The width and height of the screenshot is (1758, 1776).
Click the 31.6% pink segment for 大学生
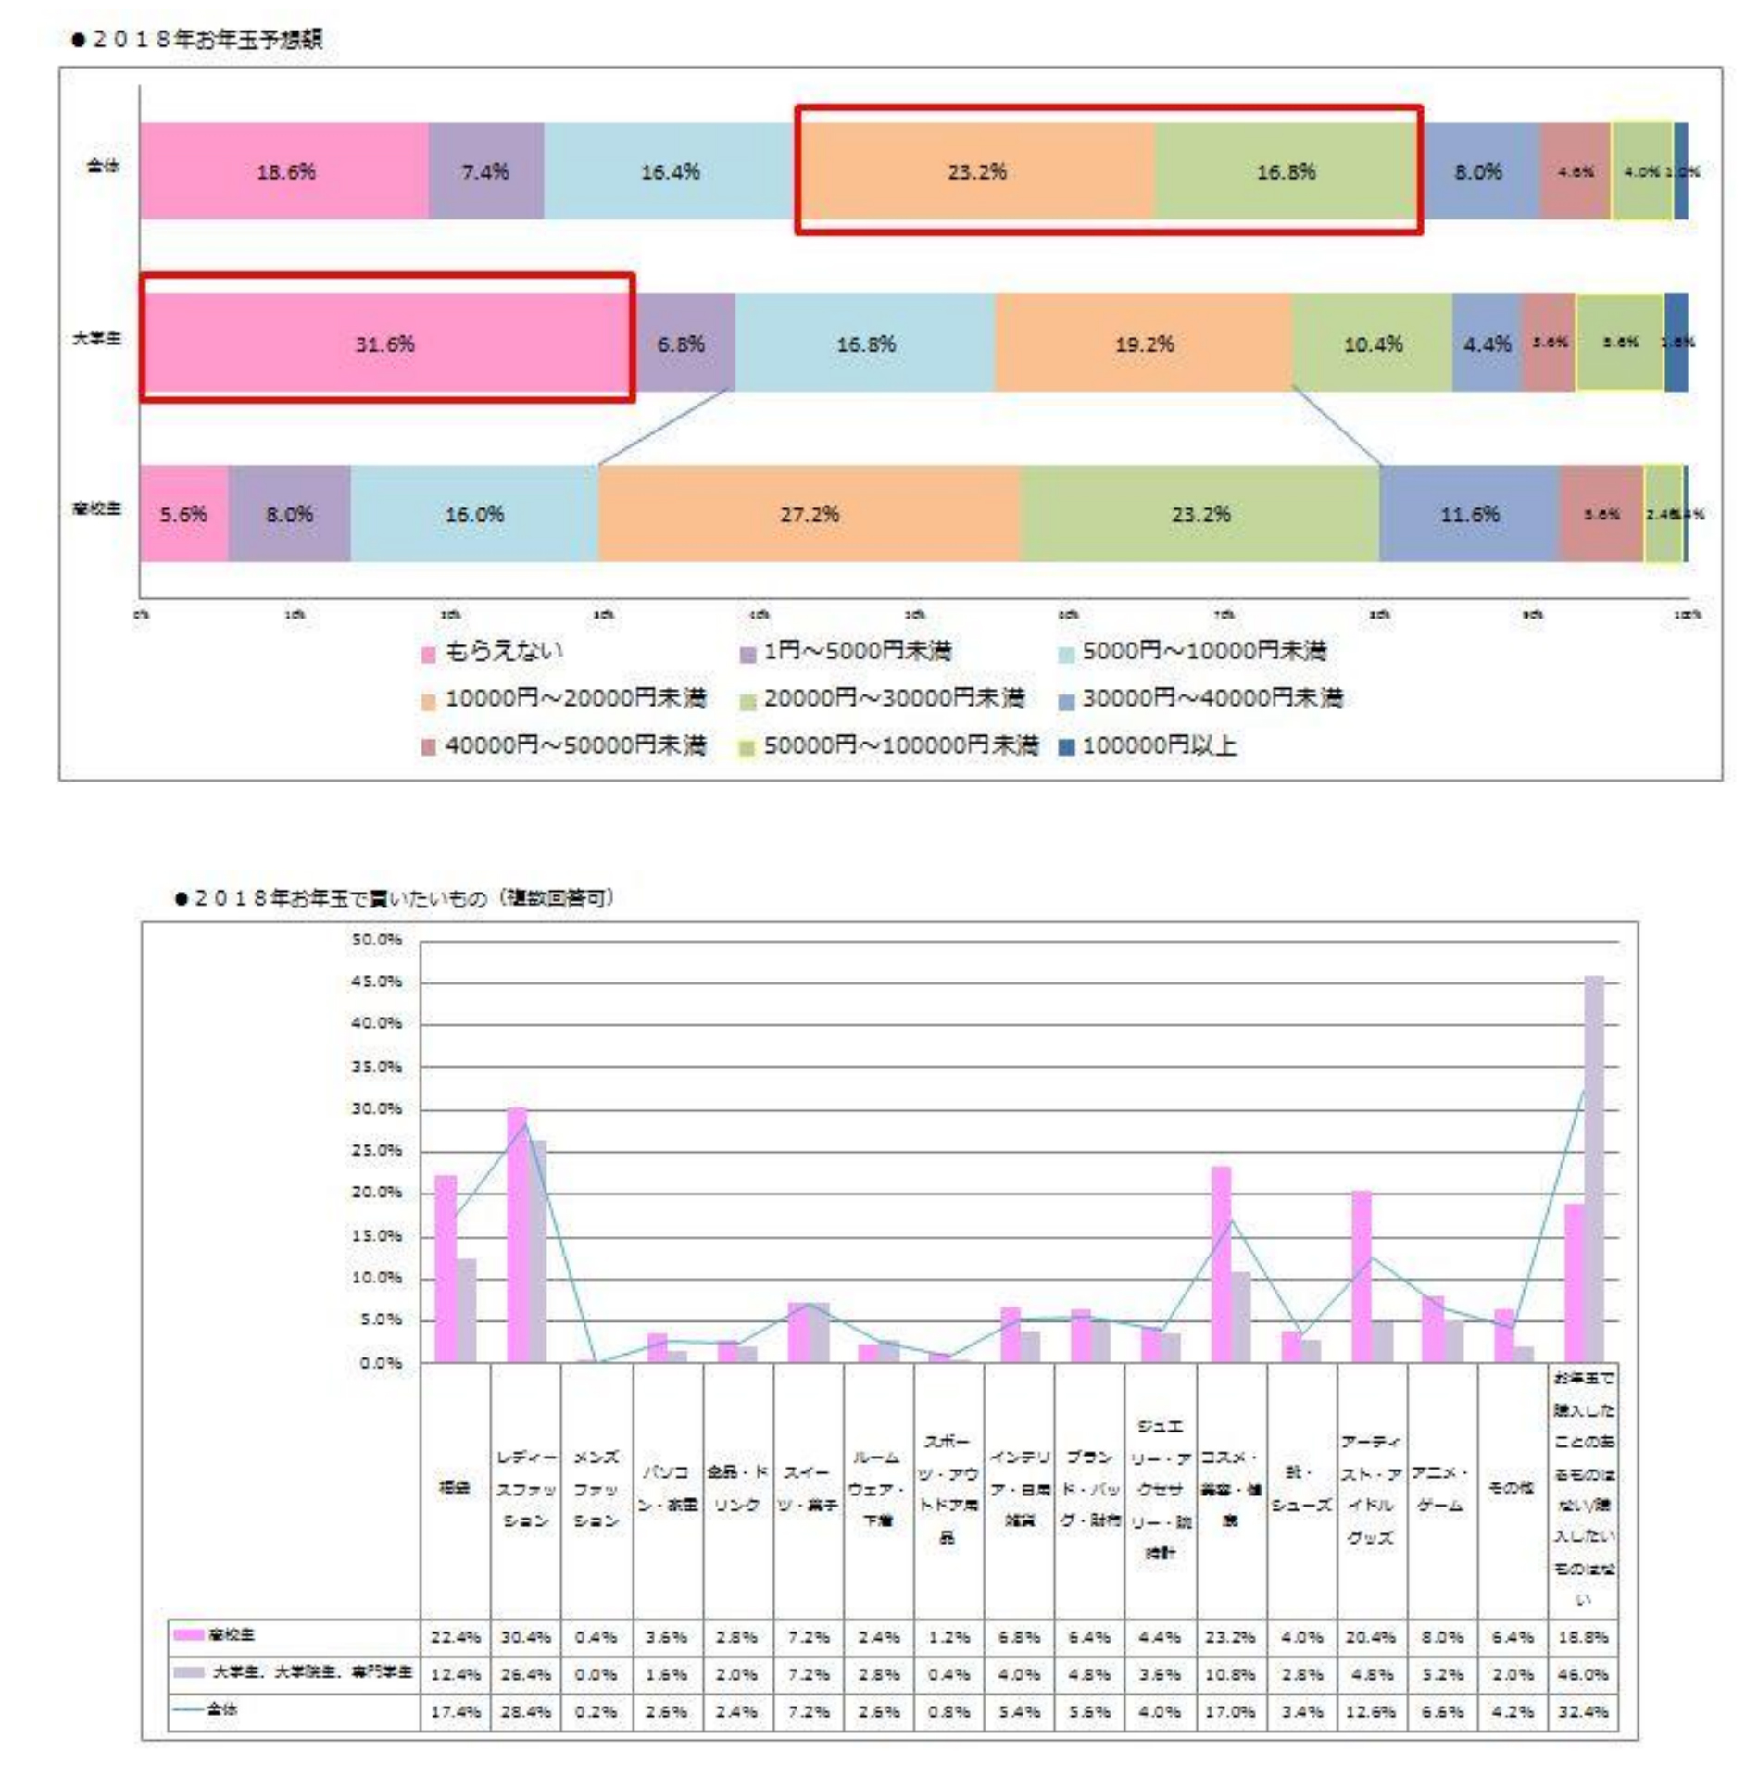point(386,344)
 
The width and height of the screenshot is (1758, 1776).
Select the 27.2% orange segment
point(809,514)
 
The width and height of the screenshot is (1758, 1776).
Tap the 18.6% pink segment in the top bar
point(284,171)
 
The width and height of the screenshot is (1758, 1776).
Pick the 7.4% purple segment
point(485,171)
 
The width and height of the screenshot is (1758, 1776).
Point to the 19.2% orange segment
point(1143,344)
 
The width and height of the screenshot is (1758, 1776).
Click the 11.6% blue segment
point(1469,514)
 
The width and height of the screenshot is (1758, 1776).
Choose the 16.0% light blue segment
point(474,514)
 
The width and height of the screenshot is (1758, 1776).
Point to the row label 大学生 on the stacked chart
point(97,339)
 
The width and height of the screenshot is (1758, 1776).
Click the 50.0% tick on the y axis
point(377,940)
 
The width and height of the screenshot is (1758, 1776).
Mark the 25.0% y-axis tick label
point(377,1151)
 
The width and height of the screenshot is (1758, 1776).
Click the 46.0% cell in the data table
point(1582,1674)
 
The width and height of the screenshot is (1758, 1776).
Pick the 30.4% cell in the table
point(525,1637)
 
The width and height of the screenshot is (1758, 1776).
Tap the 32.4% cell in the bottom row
point(1582,1711)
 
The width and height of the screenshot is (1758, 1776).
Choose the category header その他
point(1511,1487)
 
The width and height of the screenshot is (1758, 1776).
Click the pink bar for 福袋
point(446,1269)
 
